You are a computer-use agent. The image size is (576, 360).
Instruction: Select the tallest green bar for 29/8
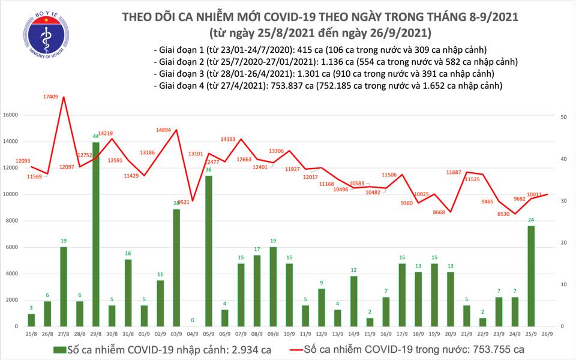point(96,234)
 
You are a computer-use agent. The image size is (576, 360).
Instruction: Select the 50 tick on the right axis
point(564,117)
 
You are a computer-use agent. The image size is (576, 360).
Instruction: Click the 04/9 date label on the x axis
point(193,334)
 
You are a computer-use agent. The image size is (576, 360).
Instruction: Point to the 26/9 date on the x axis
point(547,334)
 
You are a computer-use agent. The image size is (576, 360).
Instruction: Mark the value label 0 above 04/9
point(193,320)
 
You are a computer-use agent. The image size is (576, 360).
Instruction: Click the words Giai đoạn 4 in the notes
point(184,86)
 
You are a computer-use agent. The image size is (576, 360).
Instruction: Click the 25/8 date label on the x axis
point(31,334)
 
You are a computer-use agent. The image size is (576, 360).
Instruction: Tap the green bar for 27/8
point(64,287)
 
